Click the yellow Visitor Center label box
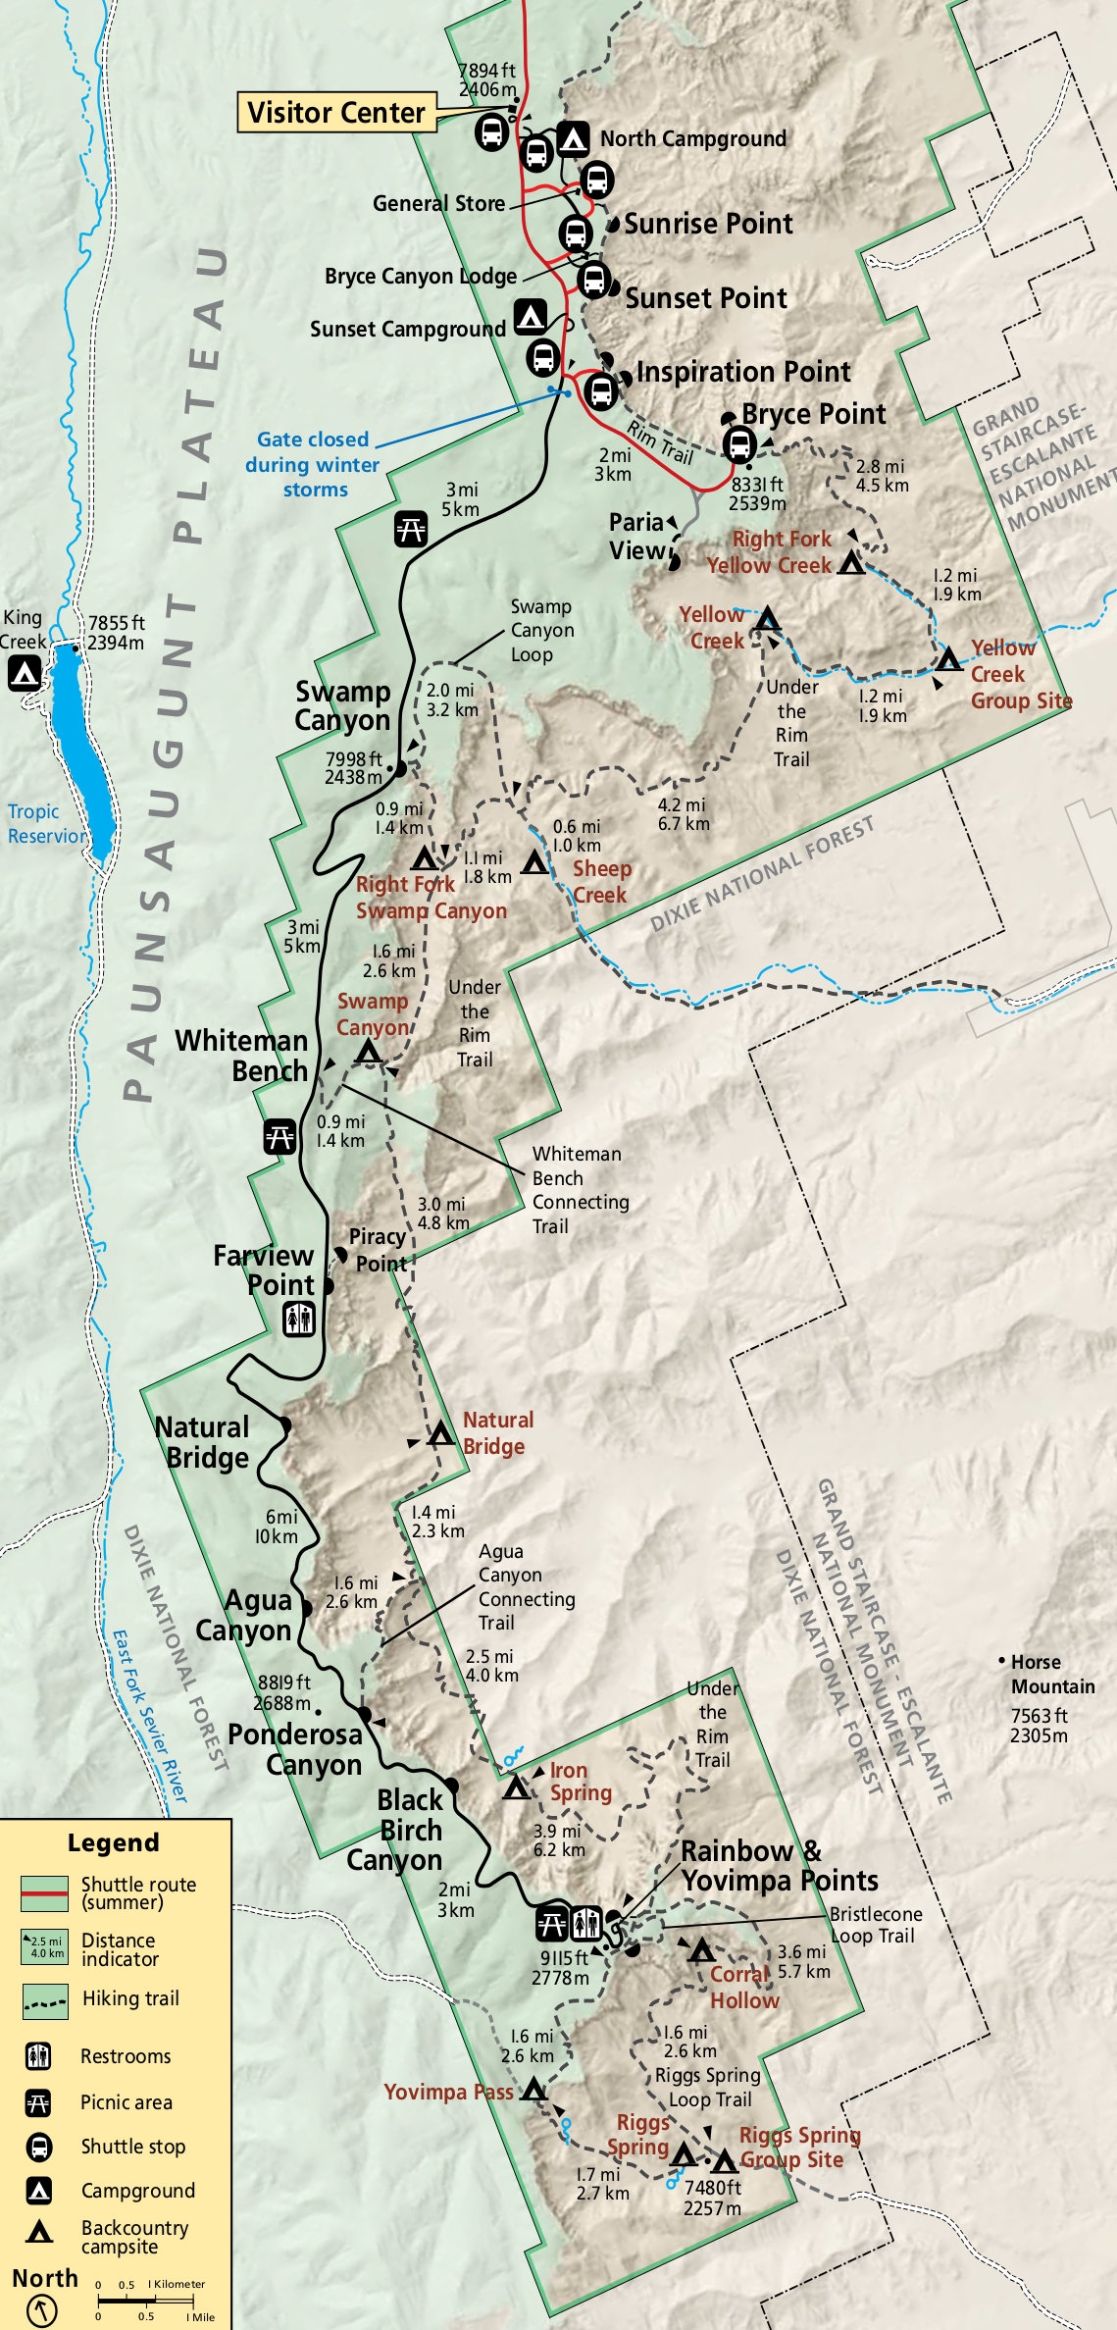(335, 113)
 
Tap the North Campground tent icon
(573, 138)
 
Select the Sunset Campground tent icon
(531, 316)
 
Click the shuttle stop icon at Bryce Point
(738, 444)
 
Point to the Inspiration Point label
(743, 372)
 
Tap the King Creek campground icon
(25, 673)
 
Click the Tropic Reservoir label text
(46, 824)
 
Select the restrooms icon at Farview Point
(299, 1319)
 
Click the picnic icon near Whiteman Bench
(280, 1137)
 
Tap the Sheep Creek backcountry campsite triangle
(534, 863)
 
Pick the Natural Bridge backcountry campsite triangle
(441, 1434)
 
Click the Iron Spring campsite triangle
(516, 1788)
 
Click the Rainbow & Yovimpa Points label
(779, 1865)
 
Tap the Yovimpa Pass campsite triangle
(533, 2090)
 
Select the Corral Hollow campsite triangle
(700, 1950)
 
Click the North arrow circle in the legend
(41, 2310)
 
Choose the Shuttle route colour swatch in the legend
(44, 1893)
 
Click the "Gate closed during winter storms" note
(313, 464)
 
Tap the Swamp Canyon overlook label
(342, 705)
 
